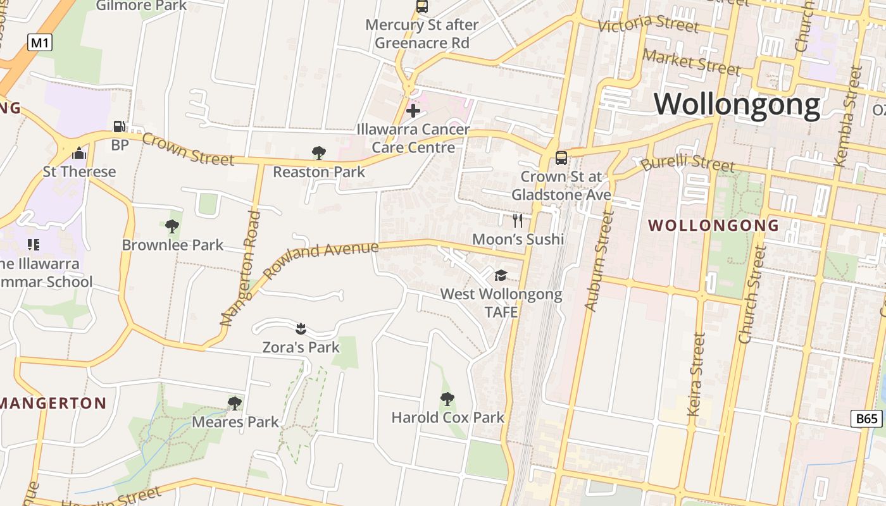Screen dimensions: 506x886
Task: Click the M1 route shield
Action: coord(40,43)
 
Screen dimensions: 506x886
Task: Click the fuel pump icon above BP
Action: coord(119,126)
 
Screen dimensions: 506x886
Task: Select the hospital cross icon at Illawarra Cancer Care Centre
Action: coord(413,111)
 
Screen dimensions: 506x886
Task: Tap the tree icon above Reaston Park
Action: coord(319,152)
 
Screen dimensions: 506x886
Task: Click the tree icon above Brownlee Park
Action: coord(172,226)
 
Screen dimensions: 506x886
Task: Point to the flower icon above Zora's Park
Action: coord(301,328)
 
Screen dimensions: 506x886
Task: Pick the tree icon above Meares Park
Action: coord(235,403)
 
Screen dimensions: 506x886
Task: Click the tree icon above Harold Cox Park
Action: coord(447,399)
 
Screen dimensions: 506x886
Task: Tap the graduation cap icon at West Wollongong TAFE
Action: coord(501,275)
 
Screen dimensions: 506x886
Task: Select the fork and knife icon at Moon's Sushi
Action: coord(518,220)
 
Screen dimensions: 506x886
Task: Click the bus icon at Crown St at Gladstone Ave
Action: coord(561,157)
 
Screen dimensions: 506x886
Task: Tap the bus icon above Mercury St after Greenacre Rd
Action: coord(421,7)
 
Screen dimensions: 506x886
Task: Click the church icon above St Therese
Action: coord(79,153)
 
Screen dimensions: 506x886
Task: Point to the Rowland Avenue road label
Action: coord(321,259)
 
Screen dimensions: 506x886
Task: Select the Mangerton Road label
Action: coord(241,269)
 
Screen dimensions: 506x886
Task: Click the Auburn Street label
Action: coord(599,261)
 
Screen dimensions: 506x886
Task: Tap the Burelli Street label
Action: coord(687,163)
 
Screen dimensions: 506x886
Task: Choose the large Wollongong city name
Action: coord(737,104)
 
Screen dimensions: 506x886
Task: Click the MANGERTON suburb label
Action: coord(54,403)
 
